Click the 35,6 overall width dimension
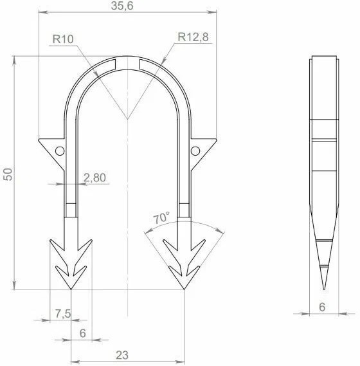122,6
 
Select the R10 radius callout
63,39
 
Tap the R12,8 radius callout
193,37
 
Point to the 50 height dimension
8,174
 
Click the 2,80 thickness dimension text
94,178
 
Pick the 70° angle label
161,218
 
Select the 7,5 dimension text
63,313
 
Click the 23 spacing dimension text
122,355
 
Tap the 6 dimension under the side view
322,307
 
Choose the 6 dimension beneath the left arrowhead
82,333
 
